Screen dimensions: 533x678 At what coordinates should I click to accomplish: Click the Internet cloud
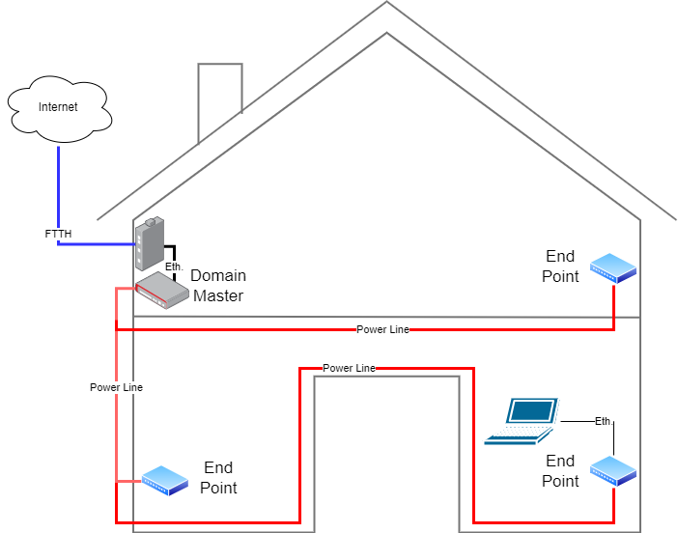58,107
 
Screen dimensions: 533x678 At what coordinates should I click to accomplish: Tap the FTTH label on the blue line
58,234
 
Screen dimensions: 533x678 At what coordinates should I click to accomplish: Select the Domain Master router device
161,289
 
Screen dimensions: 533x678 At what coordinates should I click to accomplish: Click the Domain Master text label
217,286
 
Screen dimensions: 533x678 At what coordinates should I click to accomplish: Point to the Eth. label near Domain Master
174,266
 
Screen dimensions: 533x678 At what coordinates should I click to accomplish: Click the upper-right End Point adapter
613,267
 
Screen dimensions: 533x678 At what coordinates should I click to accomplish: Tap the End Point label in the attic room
561,266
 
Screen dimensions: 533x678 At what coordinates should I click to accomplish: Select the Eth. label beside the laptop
604,421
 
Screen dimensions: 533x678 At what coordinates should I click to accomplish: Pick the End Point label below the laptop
561,471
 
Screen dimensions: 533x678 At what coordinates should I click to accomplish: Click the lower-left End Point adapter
164,480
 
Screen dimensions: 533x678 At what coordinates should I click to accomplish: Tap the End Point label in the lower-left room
218,478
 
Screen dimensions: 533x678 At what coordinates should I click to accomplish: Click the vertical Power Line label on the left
116,387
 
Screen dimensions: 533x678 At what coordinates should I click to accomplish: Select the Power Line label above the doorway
349,368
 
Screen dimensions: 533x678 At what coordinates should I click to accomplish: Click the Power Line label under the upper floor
382,329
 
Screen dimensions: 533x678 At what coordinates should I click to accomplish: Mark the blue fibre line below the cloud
58,183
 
